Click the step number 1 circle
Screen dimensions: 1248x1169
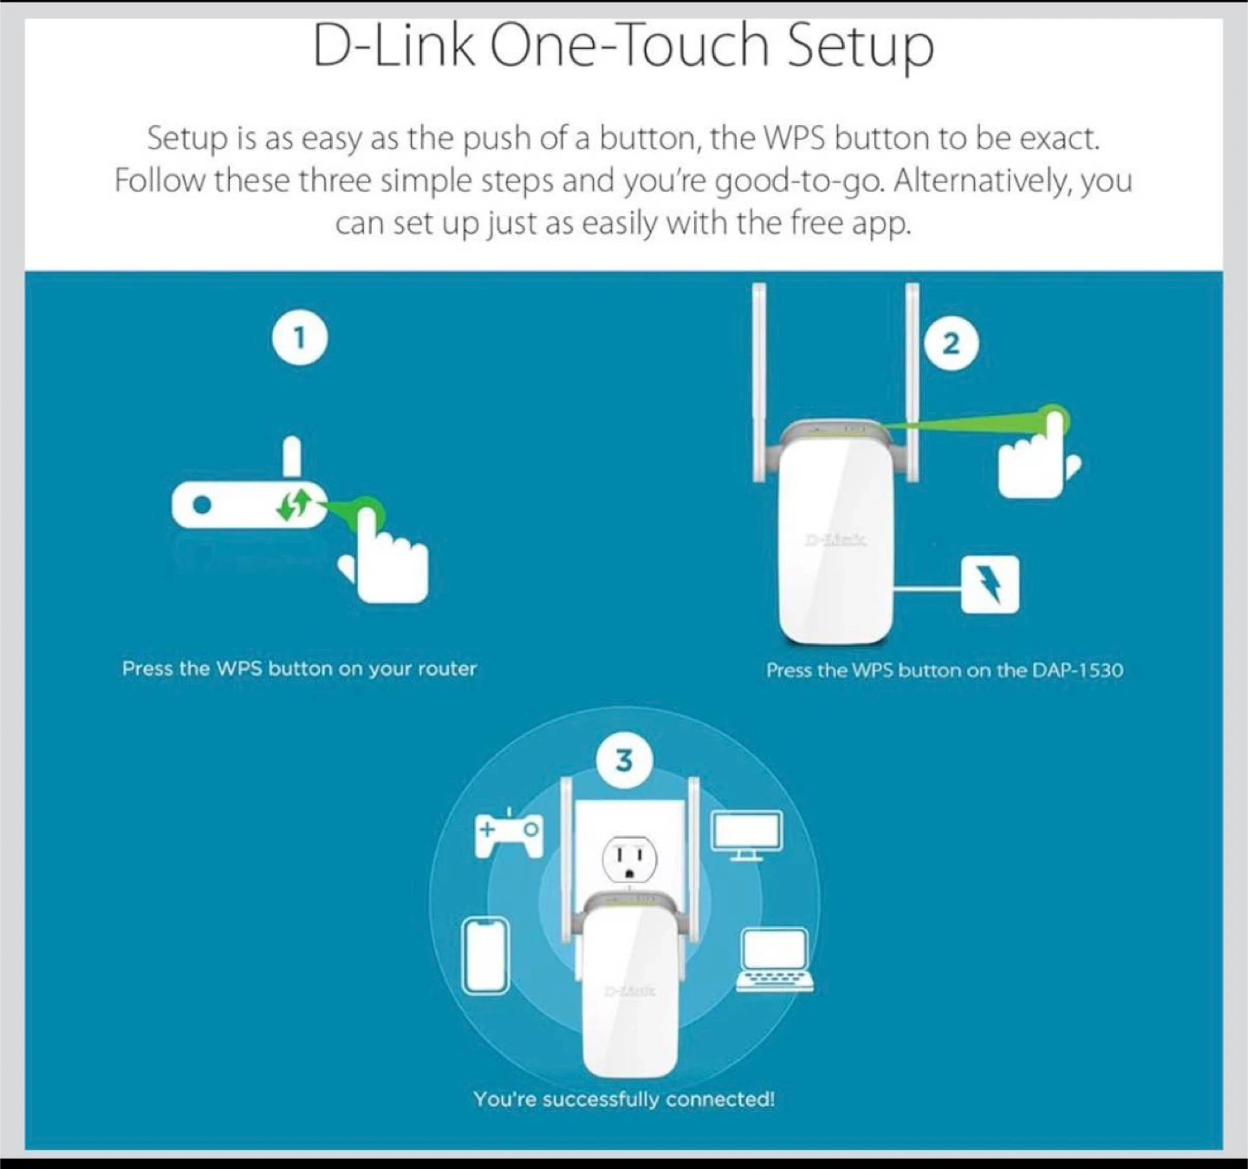300,338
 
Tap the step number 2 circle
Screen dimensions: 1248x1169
951,343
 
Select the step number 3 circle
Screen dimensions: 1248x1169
624,761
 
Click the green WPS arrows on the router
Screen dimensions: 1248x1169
294,505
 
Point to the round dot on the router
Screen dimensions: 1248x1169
202,505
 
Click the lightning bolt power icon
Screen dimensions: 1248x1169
991,584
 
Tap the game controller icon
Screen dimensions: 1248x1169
509,834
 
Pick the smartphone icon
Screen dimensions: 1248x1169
485,956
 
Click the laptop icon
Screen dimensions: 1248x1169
775,960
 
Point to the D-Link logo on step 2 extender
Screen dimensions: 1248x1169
835,539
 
